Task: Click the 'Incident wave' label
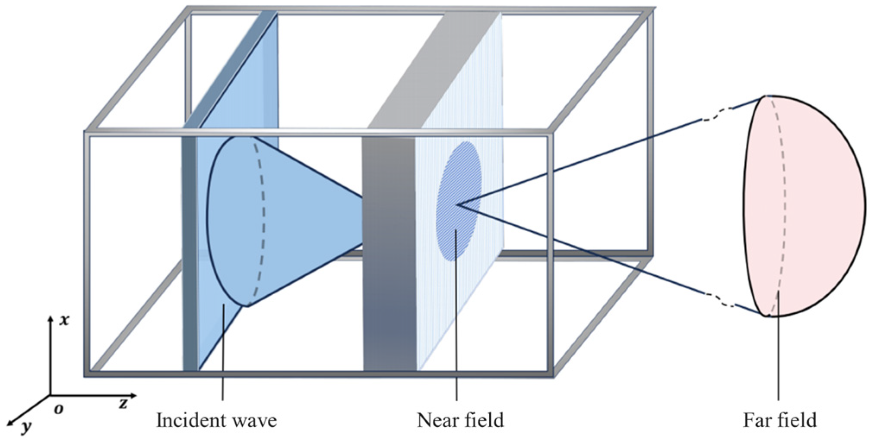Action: click(216, 420)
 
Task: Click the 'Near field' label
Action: click(460, 420)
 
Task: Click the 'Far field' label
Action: click(779, 420)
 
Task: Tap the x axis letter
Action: click(64, 320)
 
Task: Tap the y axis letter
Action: click(27, 426)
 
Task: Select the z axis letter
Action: click(124, 403)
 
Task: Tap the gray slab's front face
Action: click(389, 259)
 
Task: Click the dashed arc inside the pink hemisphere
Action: click(784, 207)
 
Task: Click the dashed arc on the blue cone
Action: click(263, 216)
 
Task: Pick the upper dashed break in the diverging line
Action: click(717, 115)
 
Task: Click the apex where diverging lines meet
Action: click(457, 205)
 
